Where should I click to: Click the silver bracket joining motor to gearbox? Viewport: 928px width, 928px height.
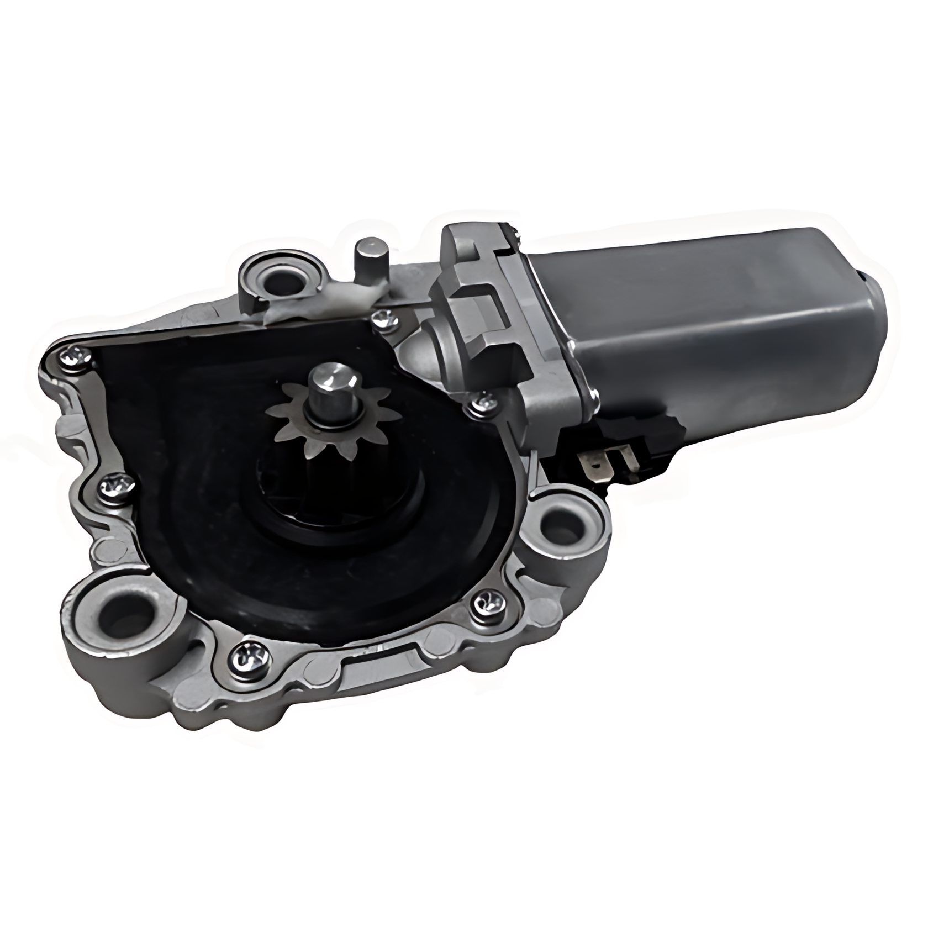(x=497, y=309)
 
